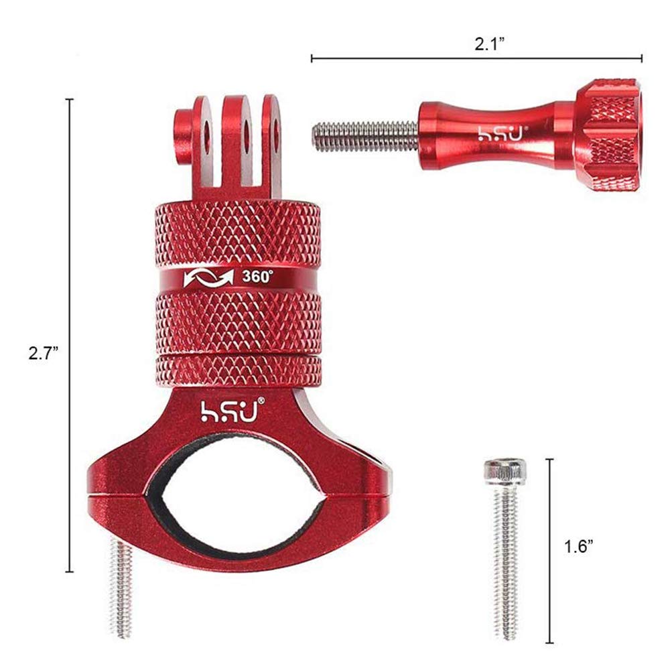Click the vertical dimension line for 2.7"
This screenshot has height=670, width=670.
69,335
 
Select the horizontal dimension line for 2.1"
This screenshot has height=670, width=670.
476,59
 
